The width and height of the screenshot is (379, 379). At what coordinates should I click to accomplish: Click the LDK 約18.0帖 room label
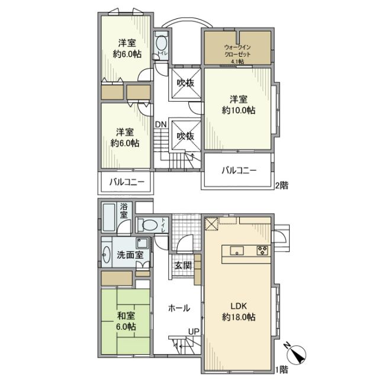239,311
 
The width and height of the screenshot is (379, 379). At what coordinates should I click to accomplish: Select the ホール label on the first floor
179,308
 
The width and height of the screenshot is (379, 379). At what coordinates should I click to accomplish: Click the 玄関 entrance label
182,266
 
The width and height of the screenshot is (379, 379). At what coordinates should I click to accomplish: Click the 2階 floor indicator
282,184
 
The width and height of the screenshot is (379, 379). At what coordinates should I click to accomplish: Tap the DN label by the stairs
160,124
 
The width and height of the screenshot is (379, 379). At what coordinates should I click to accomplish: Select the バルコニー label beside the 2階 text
239,171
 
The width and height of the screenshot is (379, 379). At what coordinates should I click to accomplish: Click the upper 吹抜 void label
185,83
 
